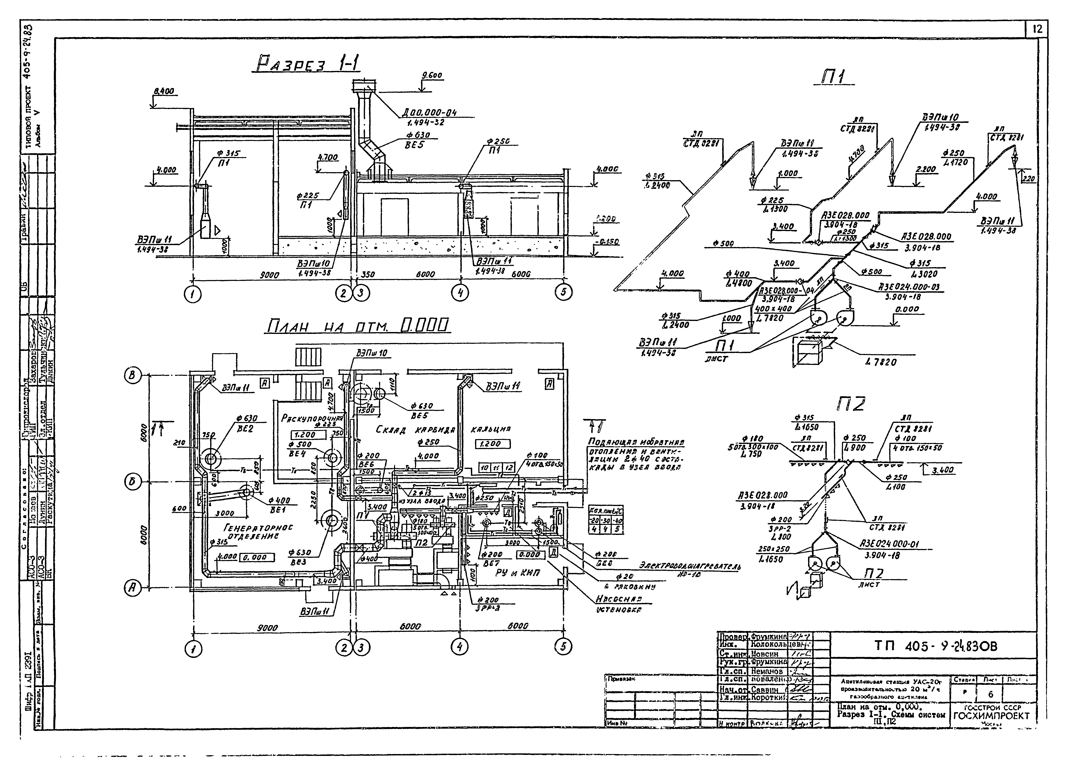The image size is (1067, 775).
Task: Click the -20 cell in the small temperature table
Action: (595, 521)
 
